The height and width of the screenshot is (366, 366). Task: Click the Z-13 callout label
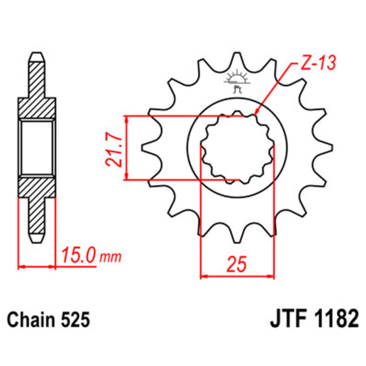[316, 63]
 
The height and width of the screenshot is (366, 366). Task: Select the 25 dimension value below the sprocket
[238, 264]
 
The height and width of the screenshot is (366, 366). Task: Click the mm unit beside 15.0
[110, 258]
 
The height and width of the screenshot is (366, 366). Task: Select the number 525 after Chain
[75, 320]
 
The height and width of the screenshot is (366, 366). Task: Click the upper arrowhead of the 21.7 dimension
[129, 119]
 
